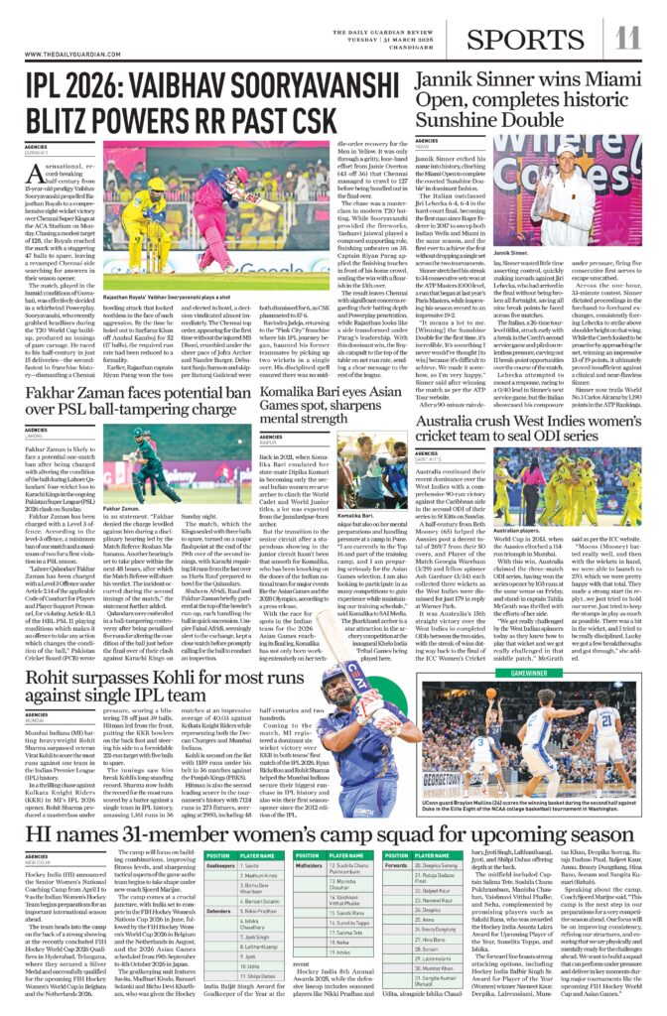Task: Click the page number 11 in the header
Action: point(629,38)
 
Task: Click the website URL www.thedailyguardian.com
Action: point(67,54)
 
